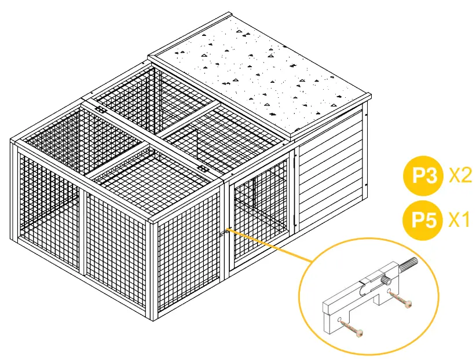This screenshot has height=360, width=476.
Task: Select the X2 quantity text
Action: [460, 175]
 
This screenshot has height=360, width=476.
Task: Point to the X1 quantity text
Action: [460, 221]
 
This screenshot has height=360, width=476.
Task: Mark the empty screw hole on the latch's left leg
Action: [339, 318]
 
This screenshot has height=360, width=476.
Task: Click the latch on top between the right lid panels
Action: [204, 168]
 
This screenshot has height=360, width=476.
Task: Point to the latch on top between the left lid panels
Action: [100, 109]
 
